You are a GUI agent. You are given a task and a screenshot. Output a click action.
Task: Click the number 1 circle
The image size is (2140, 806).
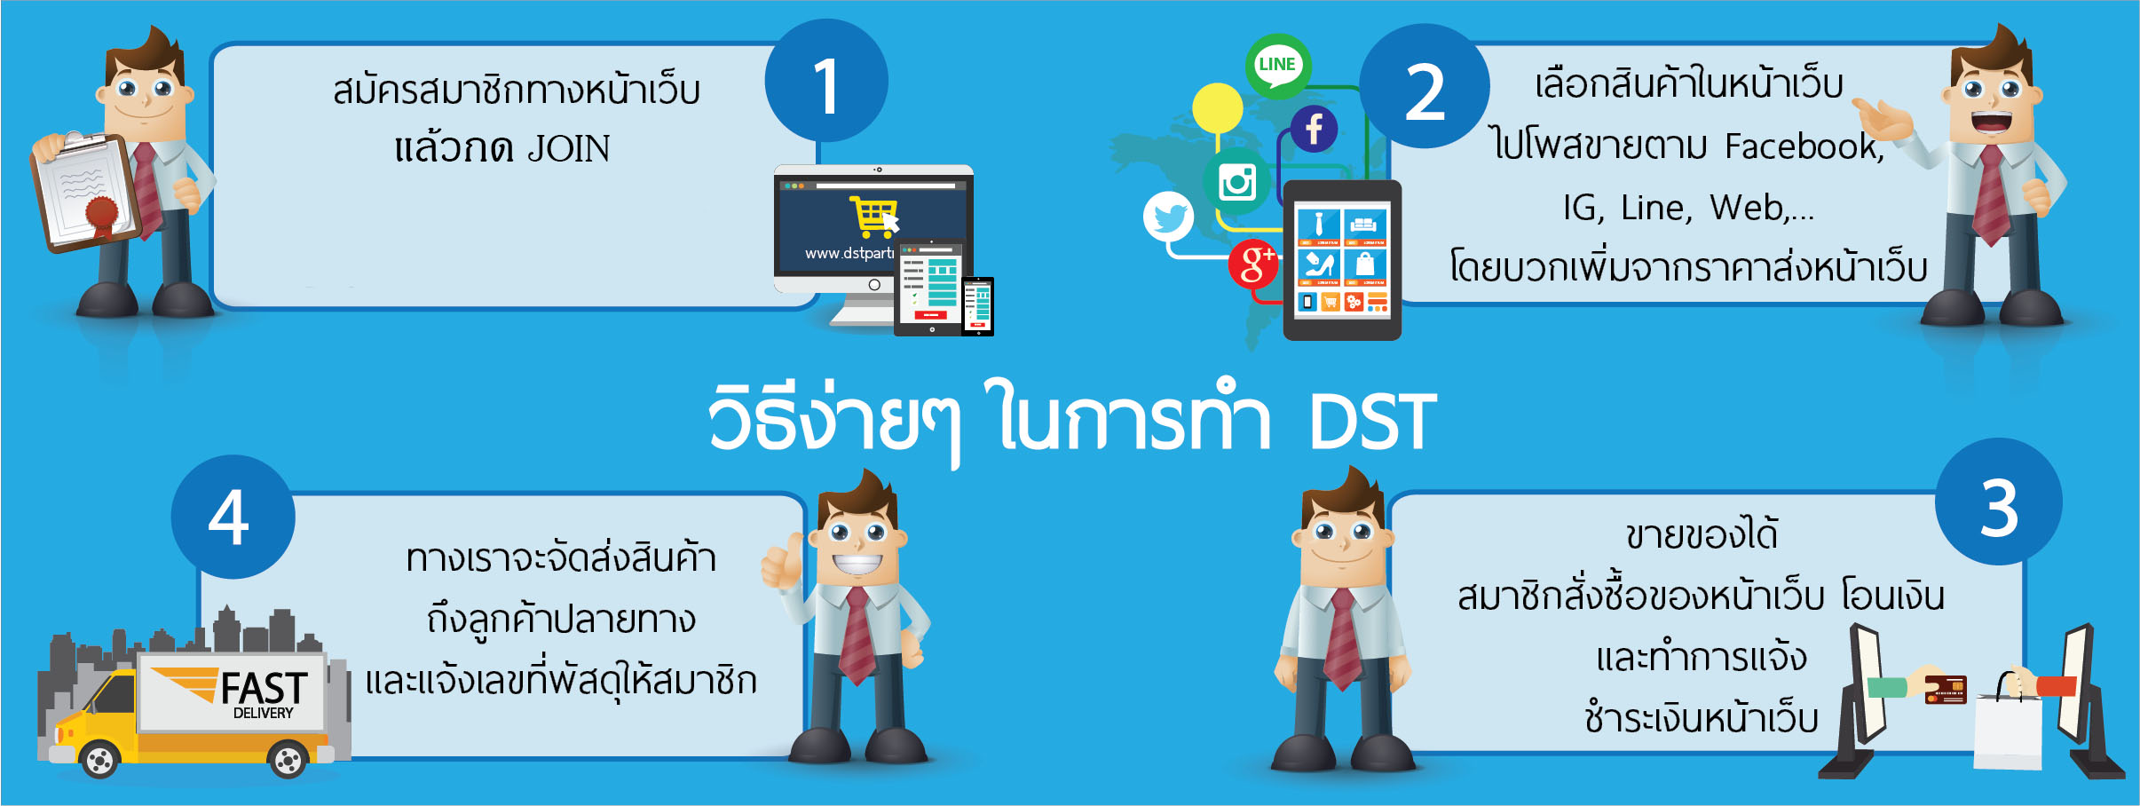click(826, 81)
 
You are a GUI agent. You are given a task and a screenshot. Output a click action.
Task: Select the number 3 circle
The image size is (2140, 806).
click(1999, 502)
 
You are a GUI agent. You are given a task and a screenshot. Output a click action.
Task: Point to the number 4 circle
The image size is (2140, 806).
click(233, 517)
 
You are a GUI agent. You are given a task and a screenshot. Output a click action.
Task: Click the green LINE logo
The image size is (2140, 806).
click(1277, 66)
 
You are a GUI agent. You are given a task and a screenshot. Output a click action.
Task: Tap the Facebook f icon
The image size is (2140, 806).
click(1315, 129)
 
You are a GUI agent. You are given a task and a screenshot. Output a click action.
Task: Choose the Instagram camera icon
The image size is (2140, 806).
click(1237, 182)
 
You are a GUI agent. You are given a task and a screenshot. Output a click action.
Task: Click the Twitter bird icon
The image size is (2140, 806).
click(1169, 217)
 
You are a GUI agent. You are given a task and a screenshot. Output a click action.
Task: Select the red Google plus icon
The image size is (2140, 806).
click(1254, 264)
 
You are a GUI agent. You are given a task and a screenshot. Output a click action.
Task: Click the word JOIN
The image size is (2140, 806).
click(569, 148)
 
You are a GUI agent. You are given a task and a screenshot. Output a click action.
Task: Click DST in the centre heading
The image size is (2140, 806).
click(1372, 421)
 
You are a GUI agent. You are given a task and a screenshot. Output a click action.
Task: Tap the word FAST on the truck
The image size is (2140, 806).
click(264, 689)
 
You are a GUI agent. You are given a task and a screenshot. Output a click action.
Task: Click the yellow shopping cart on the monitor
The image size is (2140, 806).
click(873, 217)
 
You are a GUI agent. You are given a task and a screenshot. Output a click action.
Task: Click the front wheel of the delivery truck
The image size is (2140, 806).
click(99, 760)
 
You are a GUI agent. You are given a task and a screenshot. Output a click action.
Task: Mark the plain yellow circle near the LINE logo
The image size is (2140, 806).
click(1217, 108)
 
